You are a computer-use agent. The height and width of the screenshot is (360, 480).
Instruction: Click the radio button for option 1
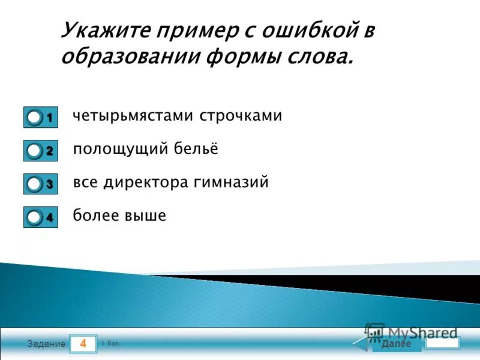tap(35, 118)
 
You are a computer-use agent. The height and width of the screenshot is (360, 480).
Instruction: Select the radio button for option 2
tap(35, 151)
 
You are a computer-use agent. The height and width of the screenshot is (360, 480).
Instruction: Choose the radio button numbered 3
tap(35, 184)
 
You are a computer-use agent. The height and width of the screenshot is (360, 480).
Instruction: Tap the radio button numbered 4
tap(35, 217)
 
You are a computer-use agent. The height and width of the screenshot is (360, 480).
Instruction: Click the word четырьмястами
tap(126, 116)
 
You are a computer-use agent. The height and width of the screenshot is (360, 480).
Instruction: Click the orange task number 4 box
tap(83, 344)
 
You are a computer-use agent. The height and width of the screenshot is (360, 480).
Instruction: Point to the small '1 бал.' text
tap(111, 343)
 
